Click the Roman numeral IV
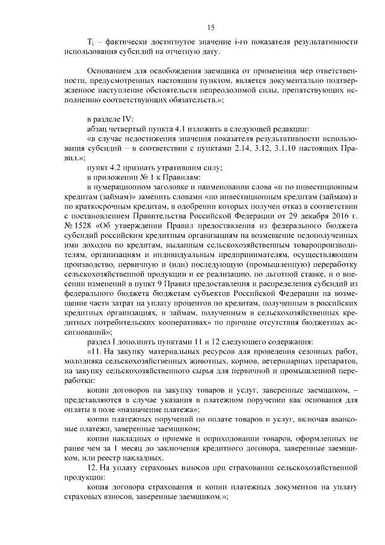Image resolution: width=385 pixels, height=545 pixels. [128, 118]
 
